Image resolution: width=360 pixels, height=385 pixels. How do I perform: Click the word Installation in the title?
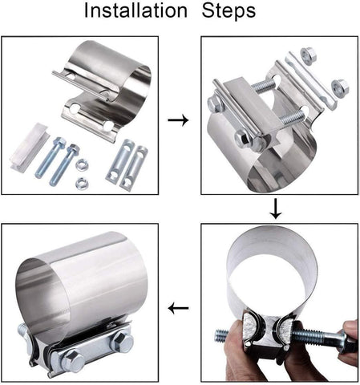point(136,10)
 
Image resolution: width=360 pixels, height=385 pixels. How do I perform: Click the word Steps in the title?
point(229,10)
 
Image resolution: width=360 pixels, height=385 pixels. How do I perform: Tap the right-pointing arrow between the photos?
point(178,120)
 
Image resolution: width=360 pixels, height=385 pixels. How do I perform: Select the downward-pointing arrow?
point(276,209)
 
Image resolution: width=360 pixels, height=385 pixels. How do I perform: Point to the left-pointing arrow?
point(178,309)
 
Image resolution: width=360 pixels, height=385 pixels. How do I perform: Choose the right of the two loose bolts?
point(64,164)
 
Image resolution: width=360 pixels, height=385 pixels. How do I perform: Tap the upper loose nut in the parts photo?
point(82,165)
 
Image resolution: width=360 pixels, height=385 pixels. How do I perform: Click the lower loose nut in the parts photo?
point(82,183)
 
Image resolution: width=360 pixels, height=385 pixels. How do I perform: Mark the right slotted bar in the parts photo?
point(134,166)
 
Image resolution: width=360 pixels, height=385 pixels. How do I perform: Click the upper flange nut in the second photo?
point(309,56)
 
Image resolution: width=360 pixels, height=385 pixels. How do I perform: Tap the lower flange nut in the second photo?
point(340,87)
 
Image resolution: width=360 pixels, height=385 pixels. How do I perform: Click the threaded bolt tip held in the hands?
point(222,336)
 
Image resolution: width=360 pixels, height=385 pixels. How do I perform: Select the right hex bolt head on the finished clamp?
point(121,342)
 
